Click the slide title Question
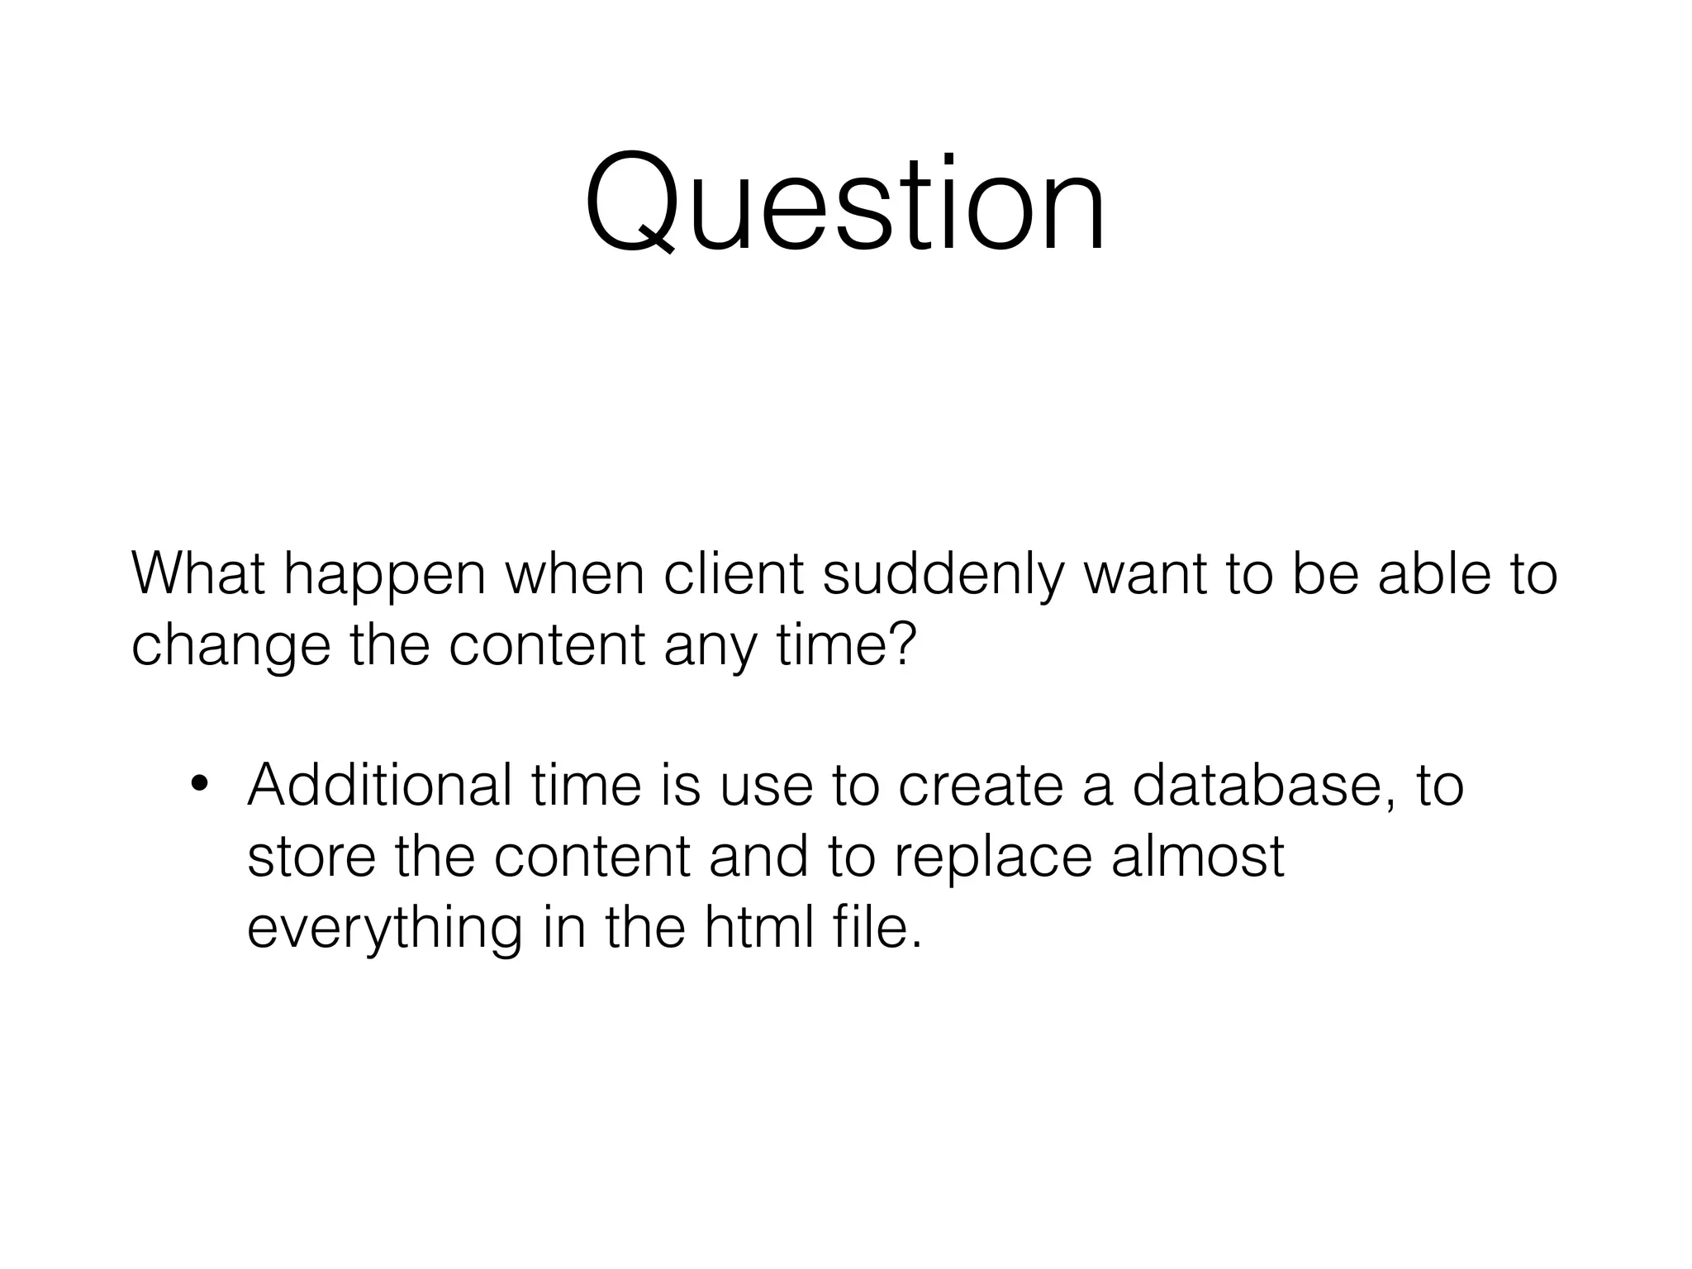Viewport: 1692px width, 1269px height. [x=845, y=203]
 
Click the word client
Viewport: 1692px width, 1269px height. [x=734, y=573]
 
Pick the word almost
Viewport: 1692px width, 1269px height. [x=1198, y=856]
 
